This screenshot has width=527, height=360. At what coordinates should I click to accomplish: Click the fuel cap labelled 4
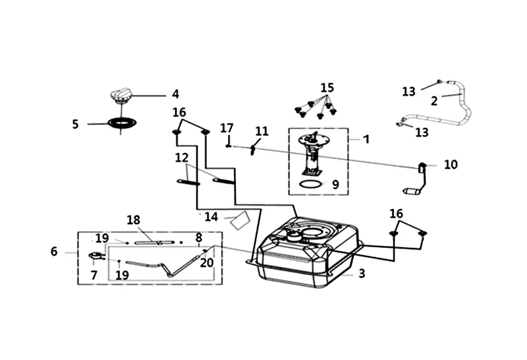pyautogui.click(x=121, y=96)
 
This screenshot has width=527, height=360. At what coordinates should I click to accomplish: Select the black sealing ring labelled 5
pyautogui.click(x=121, y=123)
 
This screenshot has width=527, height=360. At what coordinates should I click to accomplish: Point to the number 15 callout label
pyautogui.click(x=327, y=88)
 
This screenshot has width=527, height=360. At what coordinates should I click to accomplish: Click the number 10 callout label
pyautogui.click(x=451, y=164)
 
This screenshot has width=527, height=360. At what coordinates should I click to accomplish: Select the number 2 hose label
pyautogui.click(x=434, y=101)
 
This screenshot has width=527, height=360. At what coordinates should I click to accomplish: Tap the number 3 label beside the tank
pyautogui.click(x=362, y=274)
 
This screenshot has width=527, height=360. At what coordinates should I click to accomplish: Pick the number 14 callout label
pyautogui.click(x=211, y=216)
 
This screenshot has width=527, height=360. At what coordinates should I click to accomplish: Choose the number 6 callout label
pyautogui.click(x=54, y=251)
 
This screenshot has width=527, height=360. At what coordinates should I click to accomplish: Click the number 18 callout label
pyautogui.click(x=134, y=220)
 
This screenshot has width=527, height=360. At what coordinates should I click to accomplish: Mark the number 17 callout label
pyautogui.click(x=227, y=128)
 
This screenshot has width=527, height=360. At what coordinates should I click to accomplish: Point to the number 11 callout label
pyautogui.click(x=262, y=131)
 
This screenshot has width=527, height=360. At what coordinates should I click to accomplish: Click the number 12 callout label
pyautogui.click(x=182, y=158)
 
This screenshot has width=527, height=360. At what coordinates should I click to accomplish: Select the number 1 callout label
pyautogui.click(x=366, y=139)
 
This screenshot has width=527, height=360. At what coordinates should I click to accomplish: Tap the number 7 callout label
pyautogui.click(x=94, y=275)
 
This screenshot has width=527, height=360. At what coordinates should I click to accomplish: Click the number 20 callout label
pyautogui.click(x=207, y=262)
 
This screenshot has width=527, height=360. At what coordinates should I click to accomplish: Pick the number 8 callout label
pyautogui.click(x=198, y=237)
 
